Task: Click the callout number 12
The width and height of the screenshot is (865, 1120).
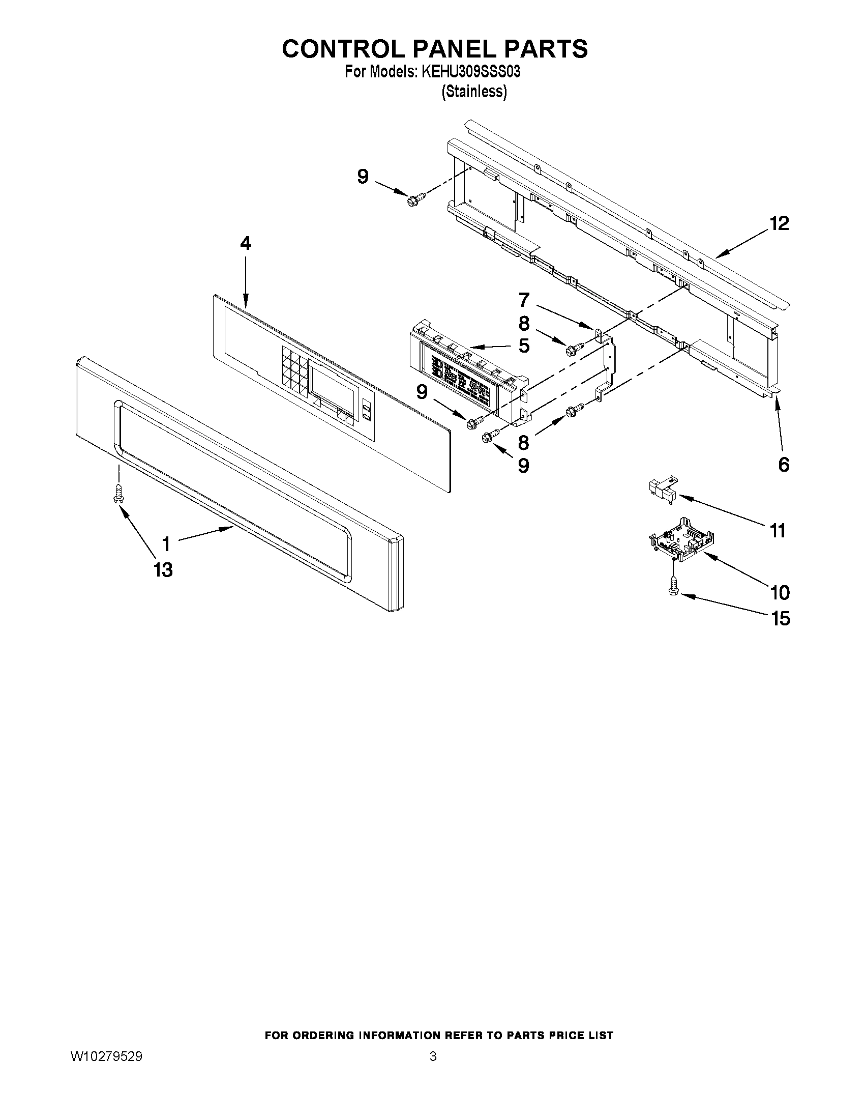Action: tap(780, 223)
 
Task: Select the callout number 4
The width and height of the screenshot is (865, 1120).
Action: tap(246, 244)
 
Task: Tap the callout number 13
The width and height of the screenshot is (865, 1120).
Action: tap(163, 570)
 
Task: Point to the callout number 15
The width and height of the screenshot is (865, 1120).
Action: tap(780, 619)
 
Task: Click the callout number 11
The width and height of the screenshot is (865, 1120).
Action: tap(778, 531)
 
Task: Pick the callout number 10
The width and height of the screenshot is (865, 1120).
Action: tap(780, 593)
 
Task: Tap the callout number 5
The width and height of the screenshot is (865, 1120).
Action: tap(524, 346)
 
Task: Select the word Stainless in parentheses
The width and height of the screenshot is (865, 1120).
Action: tap(474, 92)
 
